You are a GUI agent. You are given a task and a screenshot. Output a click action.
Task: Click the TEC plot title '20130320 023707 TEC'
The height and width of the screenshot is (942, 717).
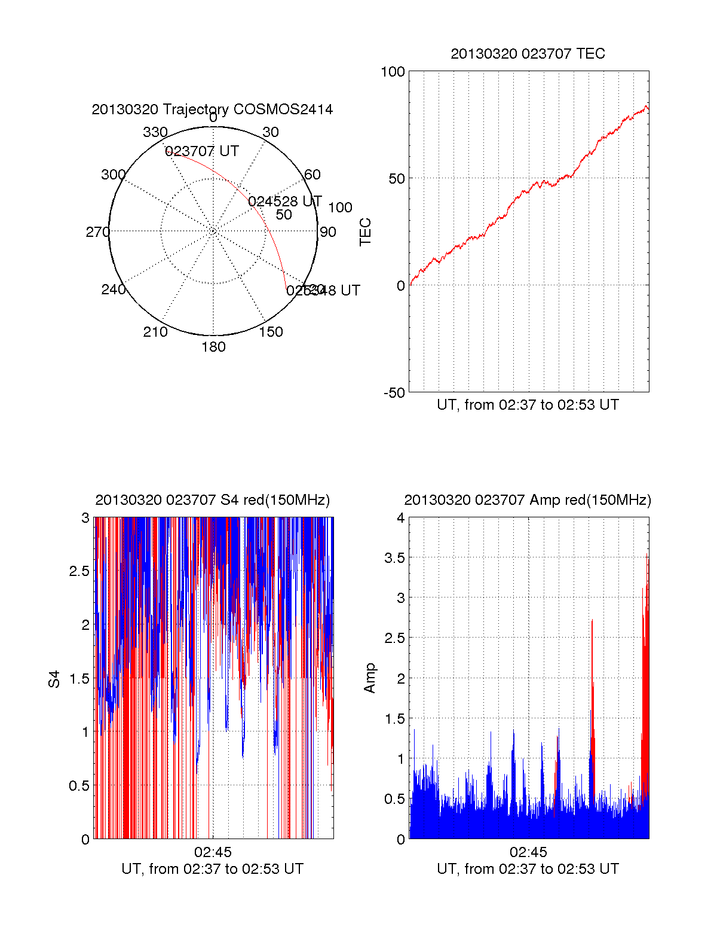[x=528, y=54]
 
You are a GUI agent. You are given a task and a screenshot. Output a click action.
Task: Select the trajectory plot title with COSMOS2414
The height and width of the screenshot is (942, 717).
[x=212, y=109]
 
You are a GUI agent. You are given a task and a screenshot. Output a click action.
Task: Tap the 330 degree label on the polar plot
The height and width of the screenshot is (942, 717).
[x=155, y=132]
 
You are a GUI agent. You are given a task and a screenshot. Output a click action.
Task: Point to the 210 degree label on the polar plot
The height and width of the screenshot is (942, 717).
[x=155, y=332]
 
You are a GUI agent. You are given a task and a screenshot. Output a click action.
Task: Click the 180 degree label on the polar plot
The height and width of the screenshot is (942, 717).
[x=213, y=347]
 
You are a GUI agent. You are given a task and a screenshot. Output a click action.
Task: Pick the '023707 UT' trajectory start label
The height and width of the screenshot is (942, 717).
[x=202, y=151]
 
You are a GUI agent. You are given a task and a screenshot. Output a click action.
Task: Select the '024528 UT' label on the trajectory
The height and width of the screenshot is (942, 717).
[x=285, y=201]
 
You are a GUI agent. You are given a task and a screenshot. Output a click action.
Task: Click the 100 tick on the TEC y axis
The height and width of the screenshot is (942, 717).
[x=393, y=72]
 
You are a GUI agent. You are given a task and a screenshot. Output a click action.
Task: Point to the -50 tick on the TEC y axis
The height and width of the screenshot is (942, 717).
[x=394, y=393]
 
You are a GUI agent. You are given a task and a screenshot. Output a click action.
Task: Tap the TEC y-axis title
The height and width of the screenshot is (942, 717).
[x=365, y=232]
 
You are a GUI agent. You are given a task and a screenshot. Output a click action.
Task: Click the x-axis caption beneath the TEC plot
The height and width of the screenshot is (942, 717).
[x=528, y=405]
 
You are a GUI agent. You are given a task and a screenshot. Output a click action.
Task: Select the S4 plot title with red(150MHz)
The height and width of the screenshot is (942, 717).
[x=212, y=500]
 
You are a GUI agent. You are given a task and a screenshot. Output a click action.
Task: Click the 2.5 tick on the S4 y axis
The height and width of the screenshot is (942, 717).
[x=79, y=571]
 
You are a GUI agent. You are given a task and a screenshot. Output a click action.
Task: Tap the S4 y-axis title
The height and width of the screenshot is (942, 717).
[x=54, y=679]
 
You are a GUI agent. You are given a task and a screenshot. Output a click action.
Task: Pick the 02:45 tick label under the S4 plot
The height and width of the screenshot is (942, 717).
[x=212, y=852]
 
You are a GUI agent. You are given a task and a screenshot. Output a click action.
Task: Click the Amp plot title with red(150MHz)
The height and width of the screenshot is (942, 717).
[x=528, y=500]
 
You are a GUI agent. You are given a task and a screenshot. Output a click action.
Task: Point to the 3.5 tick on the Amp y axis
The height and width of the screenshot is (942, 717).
[x=393, y=558]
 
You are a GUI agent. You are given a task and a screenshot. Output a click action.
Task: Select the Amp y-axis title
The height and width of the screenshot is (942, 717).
[x=370, y=678]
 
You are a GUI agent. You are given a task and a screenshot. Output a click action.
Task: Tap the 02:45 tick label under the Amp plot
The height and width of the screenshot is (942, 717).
[x=528, y=852]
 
